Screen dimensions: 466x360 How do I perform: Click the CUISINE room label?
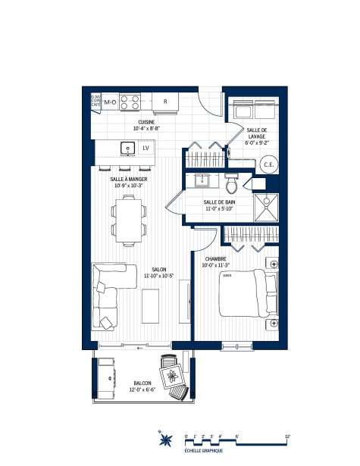(147, 122)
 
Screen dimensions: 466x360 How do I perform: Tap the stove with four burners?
(130, 102)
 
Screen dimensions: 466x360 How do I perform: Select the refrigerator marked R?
(164, 102)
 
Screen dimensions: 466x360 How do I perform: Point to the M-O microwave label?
(109, 102)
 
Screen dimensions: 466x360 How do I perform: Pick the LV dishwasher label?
(146, 148)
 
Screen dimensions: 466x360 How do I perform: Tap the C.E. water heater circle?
(268, 164)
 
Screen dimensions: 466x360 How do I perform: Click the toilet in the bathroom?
(233, 183)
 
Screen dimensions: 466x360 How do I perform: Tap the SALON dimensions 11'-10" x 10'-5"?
(158, 276)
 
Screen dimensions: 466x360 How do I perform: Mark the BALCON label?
(142, 383)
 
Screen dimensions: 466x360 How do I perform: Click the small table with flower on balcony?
(174, 374)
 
